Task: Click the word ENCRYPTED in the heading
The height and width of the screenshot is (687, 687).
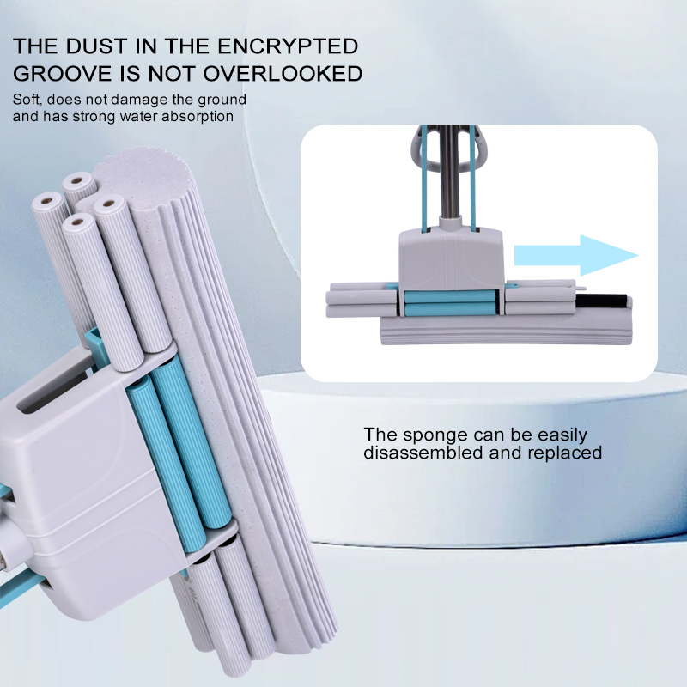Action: tap(288, 46)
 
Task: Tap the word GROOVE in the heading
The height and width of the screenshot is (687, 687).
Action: tap(63, 73)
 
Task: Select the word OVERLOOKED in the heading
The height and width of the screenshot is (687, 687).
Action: tap(283, 73)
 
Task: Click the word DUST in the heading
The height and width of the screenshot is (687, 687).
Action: tap(96, 46)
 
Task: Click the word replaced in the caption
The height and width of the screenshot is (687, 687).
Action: tap(565, 453)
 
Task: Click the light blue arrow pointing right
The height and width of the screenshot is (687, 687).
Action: tap(576, 255)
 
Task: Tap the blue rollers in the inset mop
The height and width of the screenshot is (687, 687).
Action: tap(450, 303)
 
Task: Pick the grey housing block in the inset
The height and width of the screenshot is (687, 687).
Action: tap(451, 259)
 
